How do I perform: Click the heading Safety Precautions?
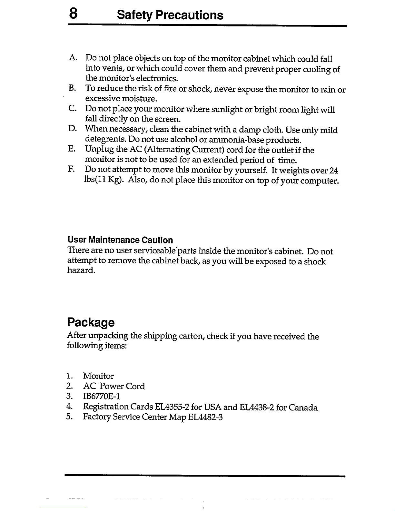coord(170,15)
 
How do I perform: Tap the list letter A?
coord(72,58)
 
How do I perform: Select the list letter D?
coord(72,130)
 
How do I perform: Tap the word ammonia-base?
coord(236,140)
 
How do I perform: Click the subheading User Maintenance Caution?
coord(120,240)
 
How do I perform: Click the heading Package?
coord(91,322)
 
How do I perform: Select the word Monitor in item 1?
coord(98,376)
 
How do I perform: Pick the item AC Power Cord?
coord(114,386)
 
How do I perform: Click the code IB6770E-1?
coord(102,396)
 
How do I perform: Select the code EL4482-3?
coord(205,417)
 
